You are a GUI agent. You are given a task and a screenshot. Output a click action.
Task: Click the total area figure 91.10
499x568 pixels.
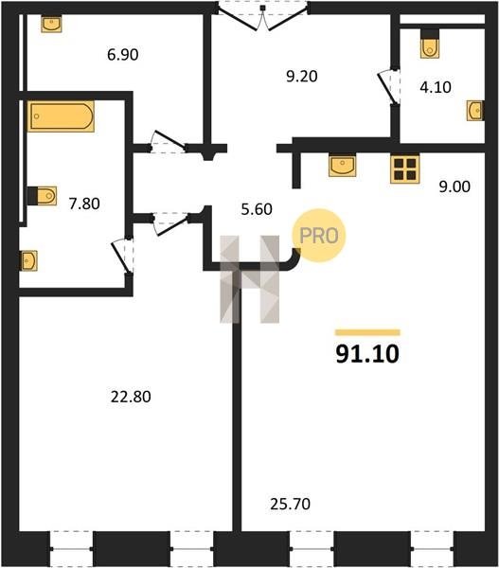(367, 354)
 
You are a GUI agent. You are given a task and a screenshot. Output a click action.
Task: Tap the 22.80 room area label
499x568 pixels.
(131, 397)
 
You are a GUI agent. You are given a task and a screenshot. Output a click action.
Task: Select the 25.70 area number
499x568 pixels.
(291, 504)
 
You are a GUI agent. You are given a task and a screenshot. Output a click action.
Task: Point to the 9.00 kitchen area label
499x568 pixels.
(454, 186)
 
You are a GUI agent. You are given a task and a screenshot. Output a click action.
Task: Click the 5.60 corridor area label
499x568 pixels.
(257, 209)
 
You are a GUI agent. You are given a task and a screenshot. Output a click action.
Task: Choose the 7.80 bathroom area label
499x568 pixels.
(84, 204)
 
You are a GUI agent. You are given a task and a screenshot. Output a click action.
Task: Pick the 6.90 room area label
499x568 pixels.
(123, 55)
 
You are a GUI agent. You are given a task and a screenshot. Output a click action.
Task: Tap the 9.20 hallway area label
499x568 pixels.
(302, 77)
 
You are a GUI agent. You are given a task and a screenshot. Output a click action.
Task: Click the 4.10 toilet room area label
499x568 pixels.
(436, 87)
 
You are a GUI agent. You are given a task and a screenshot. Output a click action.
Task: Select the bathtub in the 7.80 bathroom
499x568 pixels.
(61, 116)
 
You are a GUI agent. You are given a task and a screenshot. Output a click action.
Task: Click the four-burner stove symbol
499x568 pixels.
(404, 169)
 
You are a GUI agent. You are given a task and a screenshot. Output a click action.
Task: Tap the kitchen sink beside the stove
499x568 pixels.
(342, 166)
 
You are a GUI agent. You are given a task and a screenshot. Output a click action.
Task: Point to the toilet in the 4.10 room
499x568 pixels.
(430, 44)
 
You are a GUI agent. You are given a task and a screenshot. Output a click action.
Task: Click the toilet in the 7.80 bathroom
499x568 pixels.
(42, 196)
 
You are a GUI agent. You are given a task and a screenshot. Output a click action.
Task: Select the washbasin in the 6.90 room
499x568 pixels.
(51, 24)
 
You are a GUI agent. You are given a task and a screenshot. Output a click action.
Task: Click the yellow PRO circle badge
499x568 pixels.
(319, 236)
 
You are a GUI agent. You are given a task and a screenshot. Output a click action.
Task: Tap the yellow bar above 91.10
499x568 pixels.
(367, 332)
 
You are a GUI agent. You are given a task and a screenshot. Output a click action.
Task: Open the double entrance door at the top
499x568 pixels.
(262, 16)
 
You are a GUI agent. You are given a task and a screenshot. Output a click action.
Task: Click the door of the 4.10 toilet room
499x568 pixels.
(388, 87)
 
